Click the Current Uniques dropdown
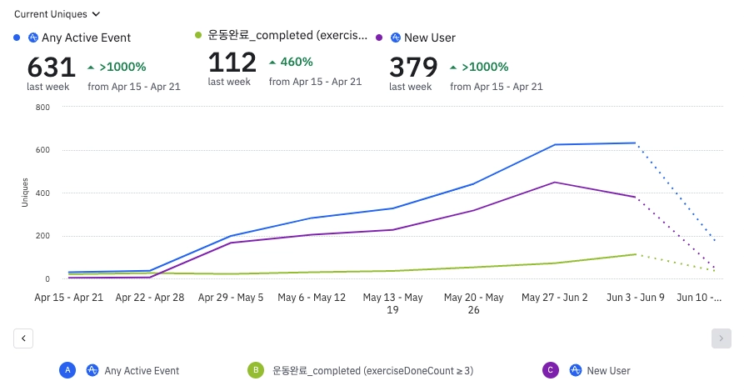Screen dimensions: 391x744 tap(57, 14)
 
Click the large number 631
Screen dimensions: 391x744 tap(51, 67)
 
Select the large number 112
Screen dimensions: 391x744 tap(232, 63)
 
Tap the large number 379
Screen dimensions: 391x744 tap(413, 67)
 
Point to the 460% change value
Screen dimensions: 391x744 tap(297, 62)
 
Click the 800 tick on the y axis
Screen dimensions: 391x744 tap(42, 108)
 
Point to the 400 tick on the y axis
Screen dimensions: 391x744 tap(42, 193)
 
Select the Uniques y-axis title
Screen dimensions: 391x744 tap(25, 193)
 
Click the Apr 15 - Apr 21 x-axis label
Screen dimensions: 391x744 tap(69, 297)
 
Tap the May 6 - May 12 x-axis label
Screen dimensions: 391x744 tap(312, 297)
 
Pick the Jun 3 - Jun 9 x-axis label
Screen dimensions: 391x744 tap(635, 297)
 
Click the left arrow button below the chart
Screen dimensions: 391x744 tap(24, 338)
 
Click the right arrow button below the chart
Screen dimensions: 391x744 tap(722, 338)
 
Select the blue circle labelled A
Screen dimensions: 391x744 tap(68, 370)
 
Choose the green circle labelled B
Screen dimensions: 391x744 tap(257, 370)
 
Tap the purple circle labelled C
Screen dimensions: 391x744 tap(550, 370)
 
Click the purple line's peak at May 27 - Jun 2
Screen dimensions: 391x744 tap(555, 183)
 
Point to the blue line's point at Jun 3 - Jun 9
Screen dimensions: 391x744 tap(636, 143)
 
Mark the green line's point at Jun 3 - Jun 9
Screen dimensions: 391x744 tap(636, 254)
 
